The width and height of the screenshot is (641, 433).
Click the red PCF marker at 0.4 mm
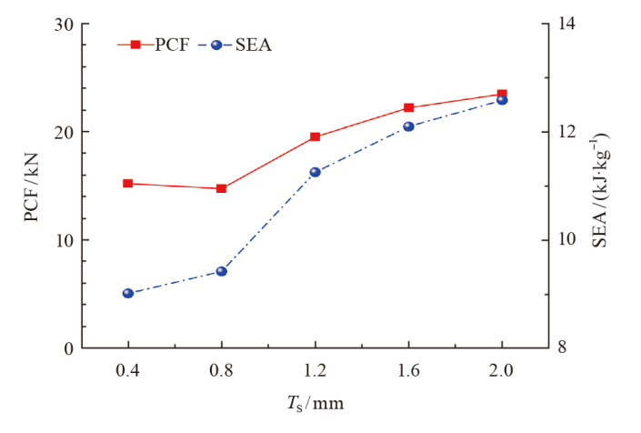(x=128, y=184)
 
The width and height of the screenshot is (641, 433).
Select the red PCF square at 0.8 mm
(x=222, y=188)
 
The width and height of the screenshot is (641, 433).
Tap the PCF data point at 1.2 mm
(x=315, y=137)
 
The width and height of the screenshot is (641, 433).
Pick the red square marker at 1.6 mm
(x=409, y=108)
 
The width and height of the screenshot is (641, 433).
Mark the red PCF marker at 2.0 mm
(x=502, y=94)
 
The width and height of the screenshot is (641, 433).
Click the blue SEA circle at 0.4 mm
(x=128, y=294)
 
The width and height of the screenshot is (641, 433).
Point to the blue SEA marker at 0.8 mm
(x=222, y=271)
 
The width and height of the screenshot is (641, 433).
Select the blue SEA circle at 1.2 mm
(x=315, y=172)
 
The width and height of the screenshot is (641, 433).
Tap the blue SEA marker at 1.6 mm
(x=409, y=126)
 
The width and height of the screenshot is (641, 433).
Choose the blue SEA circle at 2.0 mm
(x=502, y=100)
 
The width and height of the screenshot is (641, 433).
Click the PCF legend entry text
(x=172, y=45)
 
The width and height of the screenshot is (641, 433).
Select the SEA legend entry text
(x=252, y=45)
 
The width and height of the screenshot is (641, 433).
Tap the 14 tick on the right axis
(x=568, y=25)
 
